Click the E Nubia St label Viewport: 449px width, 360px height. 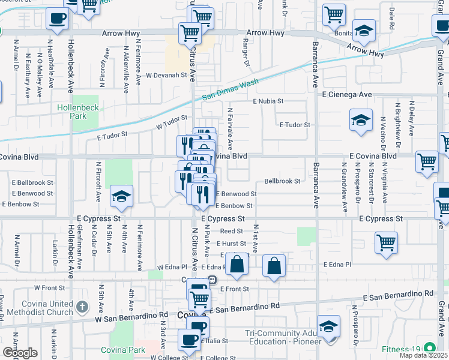click(267, 101)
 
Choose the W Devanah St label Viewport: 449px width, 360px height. click(167, 76)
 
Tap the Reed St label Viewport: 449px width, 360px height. click(231, 231)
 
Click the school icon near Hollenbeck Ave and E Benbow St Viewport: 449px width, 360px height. click(121, 196)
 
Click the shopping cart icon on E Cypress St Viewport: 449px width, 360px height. click(387, 243)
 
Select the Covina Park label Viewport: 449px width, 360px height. click(123, 350)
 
